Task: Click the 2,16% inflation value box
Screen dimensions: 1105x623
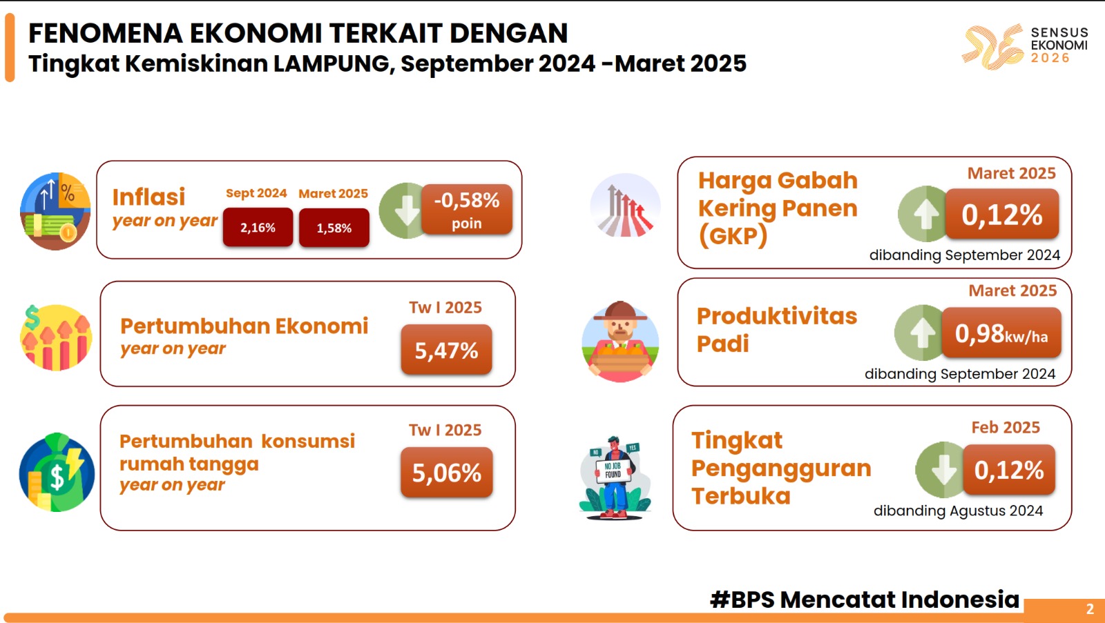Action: click(258, 227)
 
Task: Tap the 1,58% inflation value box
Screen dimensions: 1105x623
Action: click(334, 228)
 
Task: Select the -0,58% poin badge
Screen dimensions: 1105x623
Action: click(467, 210)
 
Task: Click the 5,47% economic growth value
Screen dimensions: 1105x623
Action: click(446, 350)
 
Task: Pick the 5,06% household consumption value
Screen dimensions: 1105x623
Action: click(446, 472)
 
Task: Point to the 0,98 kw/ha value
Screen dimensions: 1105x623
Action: click(1001, 333)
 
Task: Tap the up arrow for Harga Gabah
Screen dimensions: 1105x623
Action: click(925, 214)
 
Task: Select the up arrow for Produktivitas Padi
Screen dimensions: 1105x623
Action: click(922, 333)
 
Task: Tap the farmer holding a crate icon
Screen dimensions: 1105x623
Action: click(620, 341)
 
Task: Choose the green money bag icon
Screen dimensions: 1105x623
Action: click(57, 472)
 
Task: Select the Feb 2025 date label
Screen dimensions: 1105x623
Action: click(1006, 427)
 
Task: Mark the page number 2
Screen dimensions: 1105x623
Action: click(1090, 609)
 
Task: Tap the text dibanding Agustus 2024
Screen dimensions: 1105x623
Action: click(958, 511)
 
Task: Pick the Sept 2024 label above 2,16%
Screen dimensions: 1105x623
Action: click(256, 193)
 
